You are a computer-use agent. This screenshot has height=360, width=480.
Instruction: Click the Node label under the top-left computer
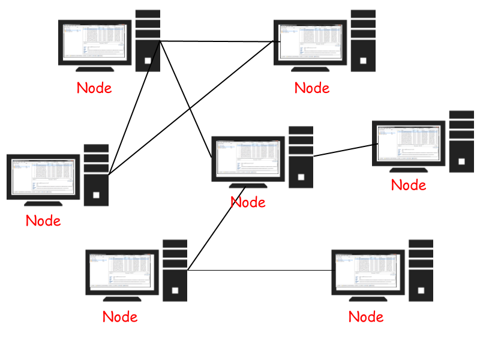coord(94,88)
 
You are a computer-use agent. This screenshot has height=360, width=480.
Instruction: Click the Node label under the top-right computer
coord(312,88)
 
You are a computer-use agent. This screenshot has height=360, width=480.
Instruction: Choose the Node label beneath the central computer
coord(248,202)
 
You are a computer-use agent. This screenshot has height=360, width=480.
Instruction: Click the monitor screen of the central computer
coord(245,158)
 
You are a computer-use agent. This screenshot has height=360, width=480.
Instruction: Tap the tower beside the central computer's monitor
coord(301,157)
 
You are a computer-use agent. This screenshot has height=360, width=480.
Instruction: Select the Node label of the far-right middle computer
coord(409,185)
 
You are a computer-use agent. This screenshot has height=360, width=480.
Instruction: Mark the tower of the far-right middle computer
coord(461,142)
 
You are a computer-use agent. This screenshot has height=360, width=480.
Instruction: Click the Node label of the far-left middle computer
coord(43,221)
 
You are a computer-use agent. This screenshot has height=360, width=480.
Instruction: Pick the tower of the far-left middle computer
coord(96,175)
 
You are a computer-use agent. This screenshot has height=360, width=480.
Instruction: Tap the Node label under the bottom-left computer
coord(120,317)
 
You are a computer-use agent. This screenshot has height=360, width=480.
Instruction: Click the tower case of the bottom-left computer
coord(175,271)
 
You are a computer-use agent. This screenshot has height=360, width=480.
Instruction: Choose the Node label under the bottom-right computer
coord(366,317)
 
